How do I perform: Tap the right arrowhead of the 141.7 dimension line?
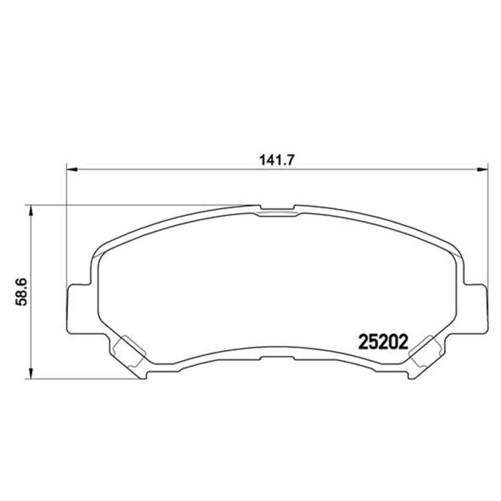(473, 170)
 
